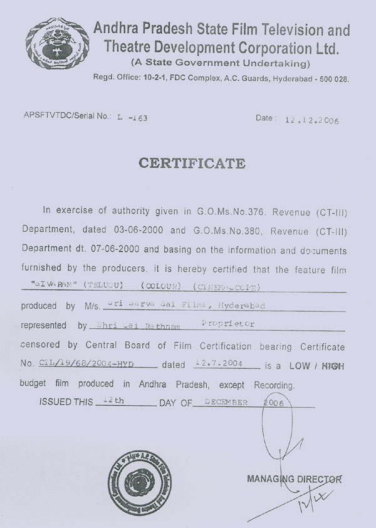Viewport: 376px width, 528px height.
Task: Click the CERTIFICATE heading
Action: [192, 163]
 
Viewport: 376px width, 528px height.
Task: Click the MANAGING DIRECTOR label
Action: [295, 479]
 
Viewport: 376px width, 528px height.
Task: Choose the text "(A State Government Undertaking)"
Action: [221, 63]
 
